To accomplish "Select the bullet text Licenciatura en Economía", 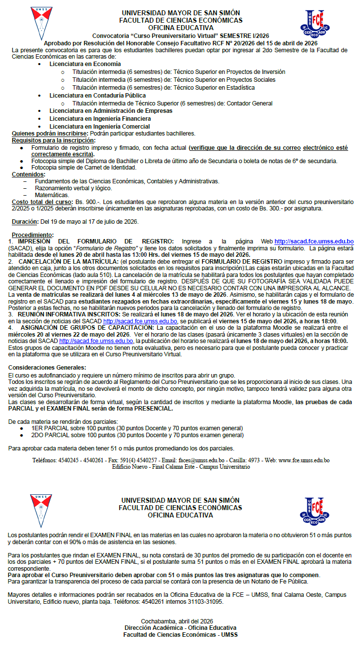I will pyautogui.click(x=85, y=64).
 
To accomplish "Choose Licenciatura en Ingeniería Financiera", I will pyautogui.click(x=100, y=119).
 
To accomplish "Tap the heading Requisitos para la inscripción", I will pyautogui.click(x=54, y=140).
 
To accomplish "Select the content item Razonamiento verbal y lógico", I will pyautogui.click(x=73, y=188).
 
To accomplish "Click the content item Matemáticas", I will pyautogui.click(x=52, y=195).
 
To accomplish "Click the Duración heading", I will pyautogui.click(x=25, y=221).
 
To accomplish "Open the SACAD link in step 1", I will pyautogui.click(x=314, y=241).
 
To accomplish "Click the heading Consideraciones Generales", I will pyautogui.click(x=47, y=368).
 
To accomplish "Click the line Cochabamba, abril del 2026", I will pyautogui.click(x=180, y=621).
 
